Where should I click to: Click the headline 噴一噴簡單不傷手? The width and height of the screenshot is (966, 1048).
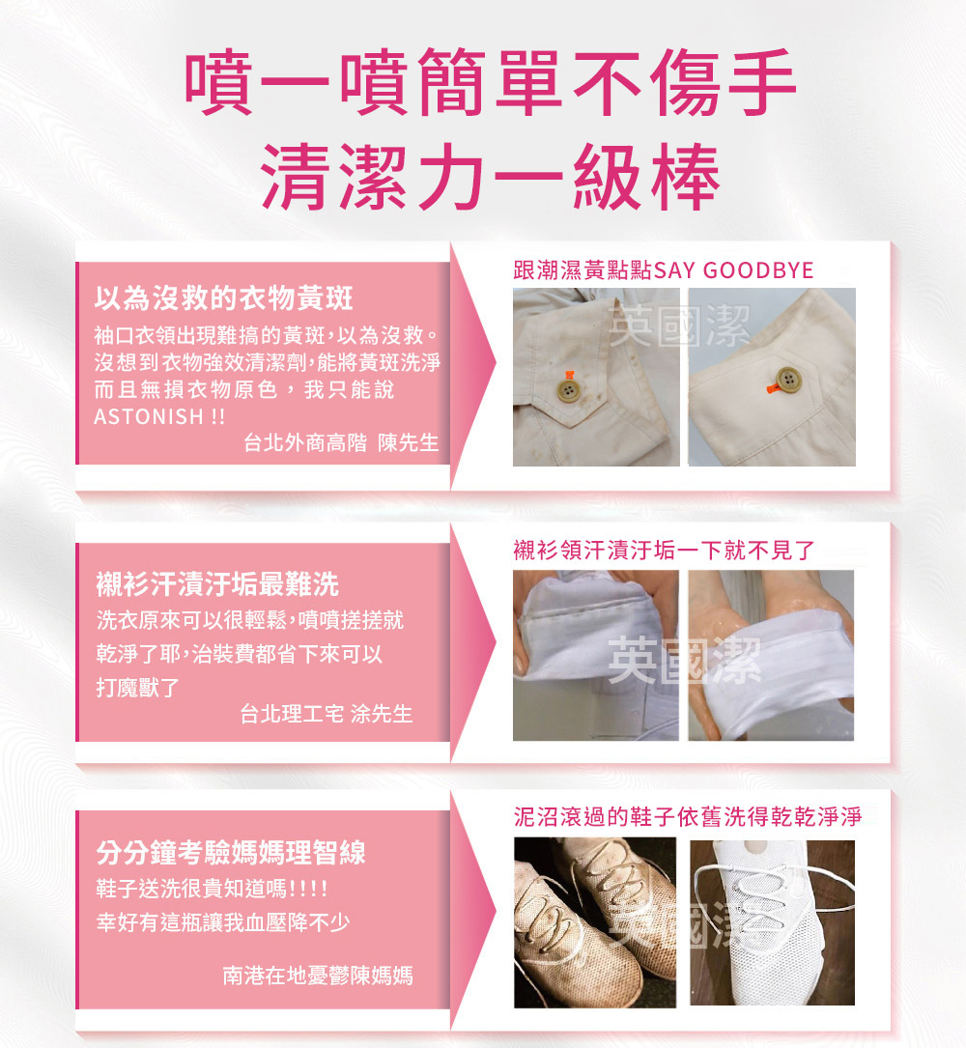(490, 81)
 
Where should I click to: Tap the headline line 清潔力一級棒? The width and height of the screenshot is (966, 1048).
(490, 177)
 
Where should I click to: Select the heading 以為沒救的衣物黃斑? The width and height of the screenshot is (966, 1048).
(223, 298)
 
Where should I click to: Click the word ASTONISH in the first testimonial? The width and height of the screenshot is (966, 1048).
(149, 416)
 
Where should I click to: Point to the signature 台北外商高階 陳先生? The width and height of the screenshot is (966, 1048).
(341, 442)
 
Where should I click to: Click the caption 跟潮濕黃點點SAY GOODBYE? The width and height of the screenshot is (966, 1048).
(664, 270)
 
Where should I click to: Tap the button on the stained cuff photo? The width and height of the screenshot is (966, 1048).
(568, 391)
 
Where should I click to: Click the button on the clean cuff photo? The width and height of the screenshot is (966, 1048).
(789, 380)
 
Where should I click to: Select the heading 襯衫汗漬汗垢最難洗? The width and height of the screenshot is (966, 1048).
(217, 584)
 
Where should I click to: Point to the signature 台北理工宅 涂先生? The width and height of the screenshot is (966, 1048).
(327, 714)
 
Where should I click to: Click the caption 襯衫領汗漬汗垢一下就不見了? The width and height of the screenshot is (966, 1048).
(664, 550)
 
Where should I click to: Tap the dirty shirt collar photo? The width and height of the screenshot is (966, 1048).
(596, 655)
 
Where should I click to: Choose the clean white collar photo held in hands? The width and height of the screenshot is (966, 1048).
(772, 655)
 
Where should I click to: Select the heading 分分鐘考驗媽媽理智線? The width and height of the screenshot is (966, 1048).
(231, 853)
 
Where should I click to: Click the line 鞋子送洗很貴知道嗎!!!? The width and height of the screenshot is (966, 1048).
(212, 889)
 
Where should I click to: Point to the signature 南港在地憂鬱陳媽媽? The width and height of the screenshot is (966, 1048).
(318, 976)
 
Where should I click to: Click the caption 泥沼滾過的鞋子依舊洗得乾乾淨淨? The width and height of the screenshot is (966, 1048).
(688, 817)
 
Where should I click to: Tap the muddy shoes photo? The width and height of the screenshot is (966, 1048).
(595, 923)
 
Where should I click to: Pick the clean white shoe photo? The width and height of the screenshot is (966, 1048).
(772, 923)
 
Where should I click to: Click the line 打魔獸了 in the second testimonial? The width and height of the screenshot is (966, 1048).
(138, 687)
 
